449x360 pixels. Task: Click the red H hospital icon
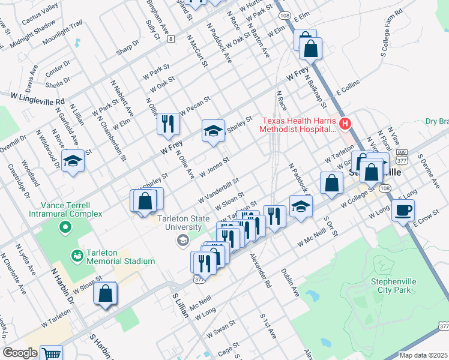tap(345, 124)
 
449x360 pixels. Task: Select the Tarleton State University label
tap(180, 223)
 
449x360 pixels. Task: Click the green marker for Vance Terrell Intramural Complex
tap(65, 227)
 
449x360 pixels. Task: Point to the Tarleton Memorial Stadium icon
tap(77, 256)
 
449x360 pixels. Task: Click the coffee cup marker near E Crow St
tap(403, 210)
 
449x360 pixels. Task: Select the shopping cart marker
tap(51, 354)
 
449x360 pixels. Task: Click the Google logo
tap(20, 353)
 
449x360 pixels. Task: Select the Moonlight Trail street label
tap(62, 35)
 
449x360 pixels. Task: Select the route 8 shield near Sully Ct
tap(171, 39)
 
